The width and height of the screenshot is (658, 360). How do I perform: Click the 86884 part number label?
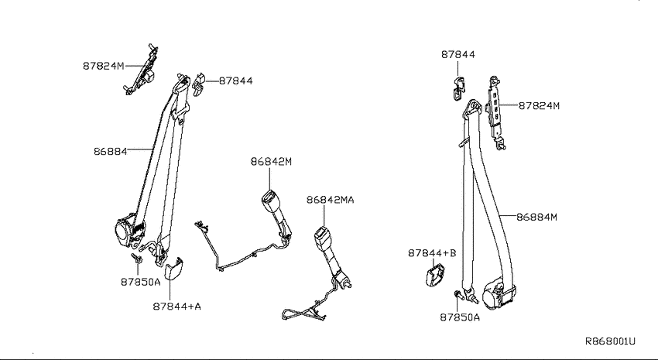click(110, 151)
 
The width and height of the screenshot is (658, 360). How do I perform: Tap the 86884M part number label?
click(536, 217)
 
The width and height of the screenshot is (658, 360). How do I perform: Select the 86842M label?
click(271, 162)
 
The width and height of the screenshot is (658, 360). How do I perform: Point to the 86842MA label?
click(331, 200)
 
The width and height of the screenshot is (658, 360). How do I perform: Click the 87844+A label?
click(176, 307)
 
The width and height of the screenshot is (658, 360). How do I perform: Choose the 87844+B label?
click(432, 253)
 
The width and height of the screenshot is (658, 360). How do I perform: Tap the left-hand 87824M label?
click(103, 66)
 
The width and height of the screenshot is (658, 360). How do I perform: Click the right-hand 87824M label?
click(540, 105)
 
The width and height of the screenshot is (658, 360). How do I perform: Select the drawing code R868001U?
click(611, 341)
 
